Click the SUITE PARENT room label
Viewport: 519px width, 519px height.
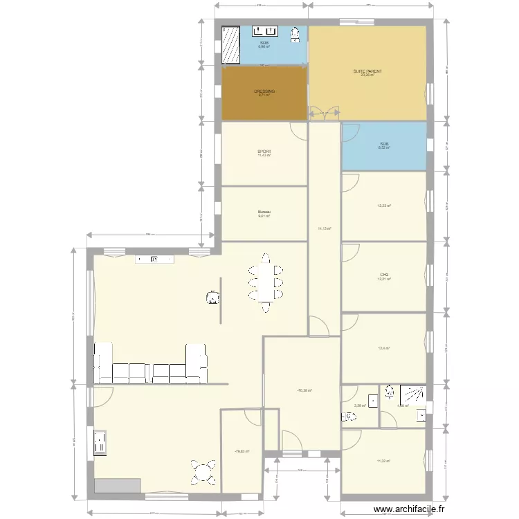(367, 71)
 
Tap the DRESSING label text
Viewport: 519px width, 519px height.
(264, 91)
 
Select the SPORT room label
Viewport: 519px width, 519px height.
(264, 152)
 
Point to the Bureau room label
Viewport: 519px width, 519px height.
(264, 212)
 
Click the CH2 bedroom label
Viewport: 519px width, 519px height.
(383, 275)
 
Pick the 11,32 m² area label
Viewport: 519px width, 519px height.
(383, 462)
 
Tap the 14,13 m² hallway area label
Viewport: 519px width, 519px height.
(325, 228)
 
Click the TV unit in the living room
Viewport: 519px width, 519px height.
(154, 259)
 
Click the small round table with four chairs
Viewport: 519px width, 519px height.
(203, 473)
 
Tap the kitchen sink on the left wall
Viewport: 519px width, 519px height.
(100, 444)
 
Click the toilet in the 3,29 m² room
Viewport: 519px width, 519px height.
(347, 416)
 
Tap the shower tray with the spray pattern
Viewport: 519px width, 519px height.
(414, 395)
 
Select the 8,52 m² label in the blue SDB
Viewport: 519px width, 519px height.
(383, 146)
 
